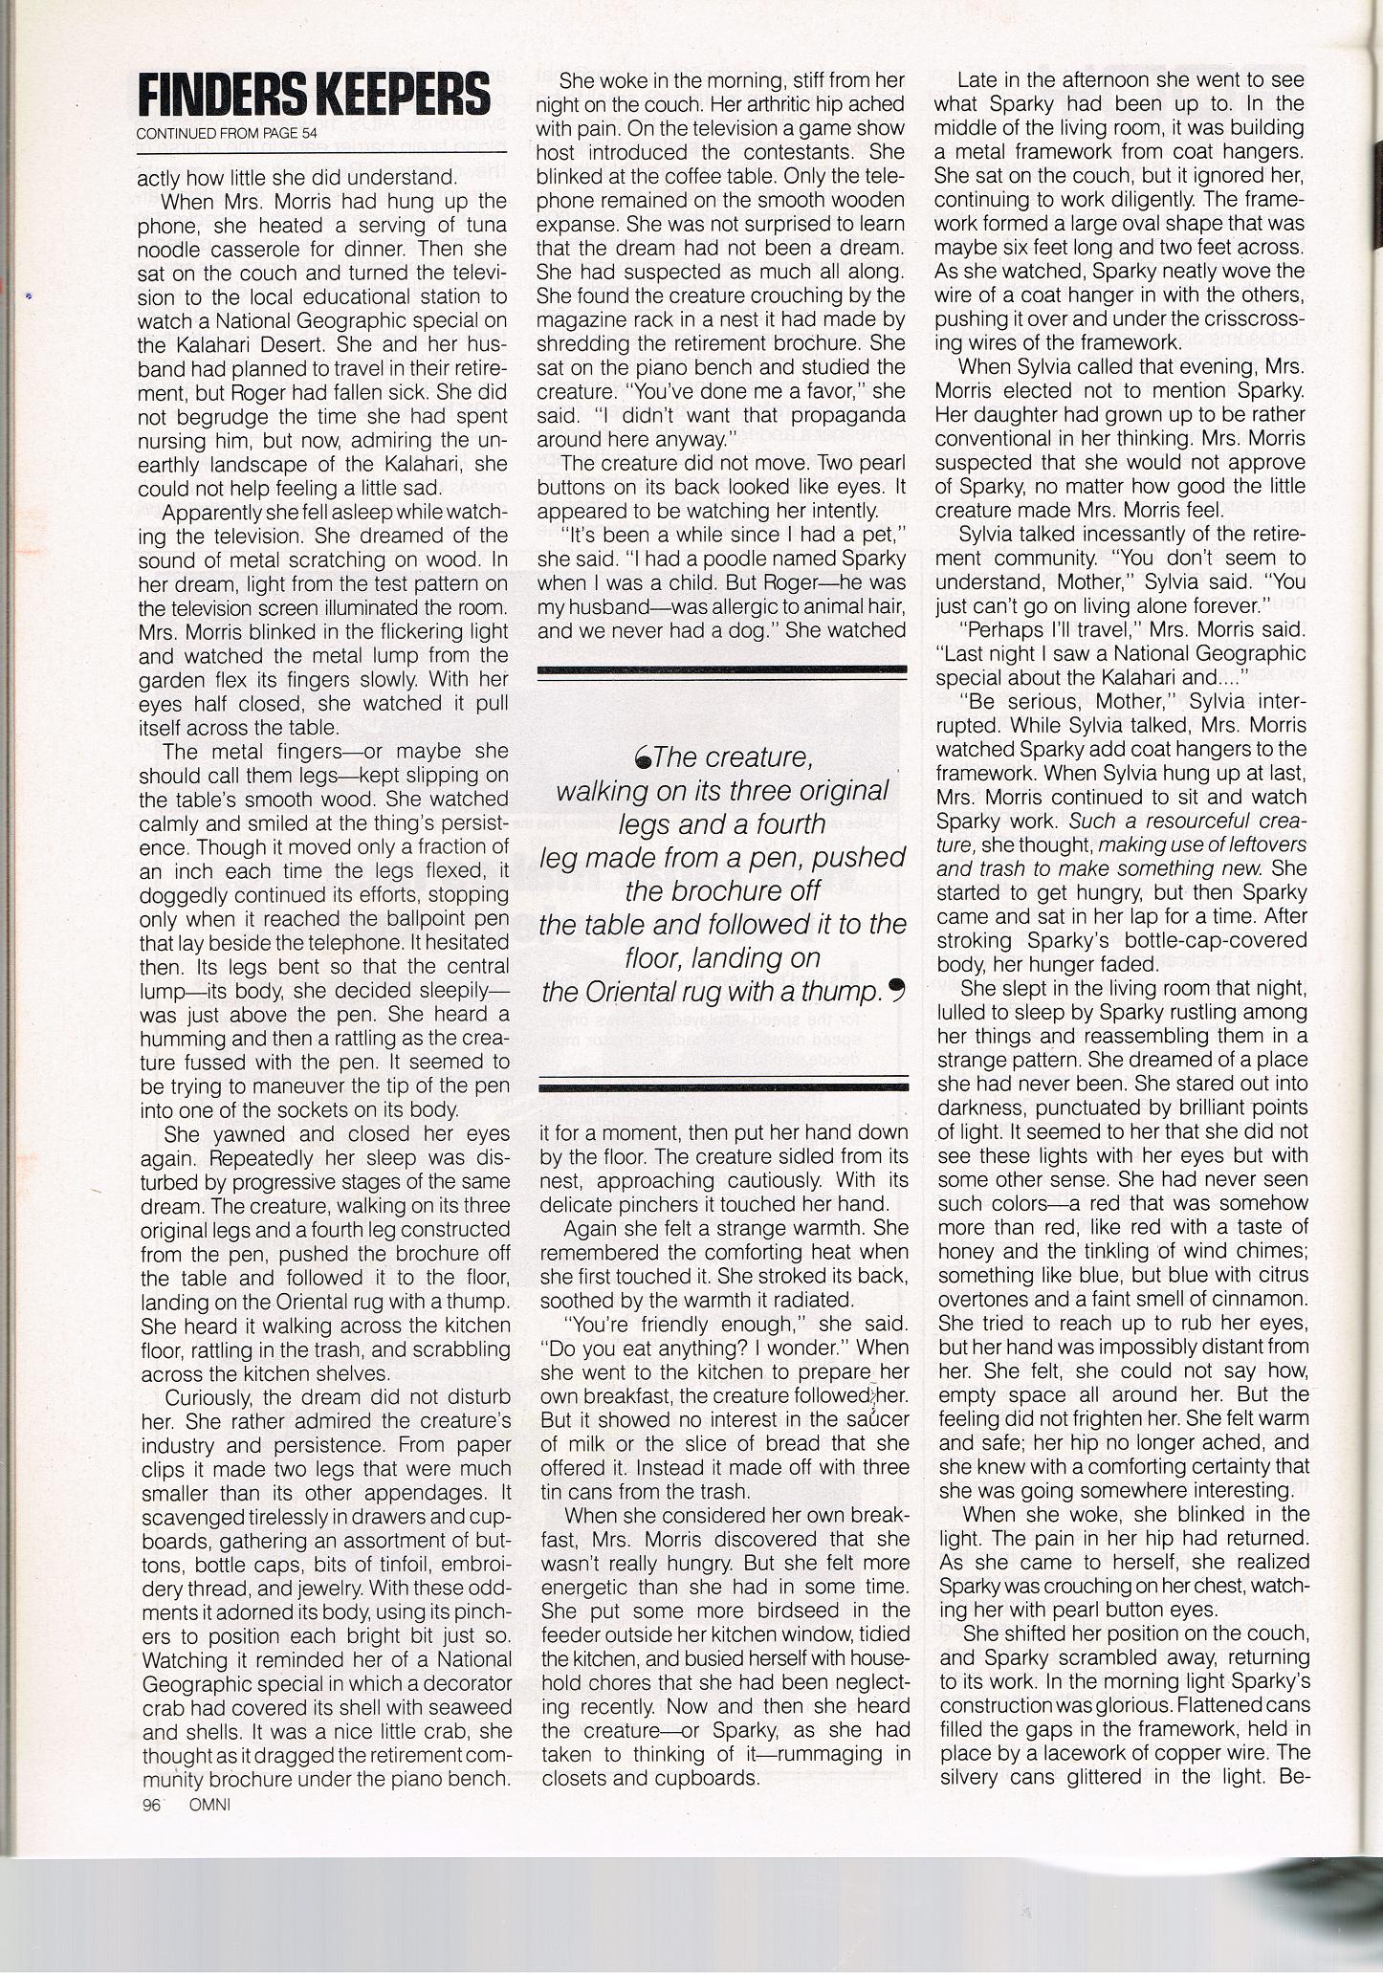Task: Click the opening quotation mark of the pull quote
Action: [644, 758]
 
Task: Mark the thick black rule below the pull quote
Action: [722, 1084]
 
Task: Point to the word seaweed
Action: [434, 1707]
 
